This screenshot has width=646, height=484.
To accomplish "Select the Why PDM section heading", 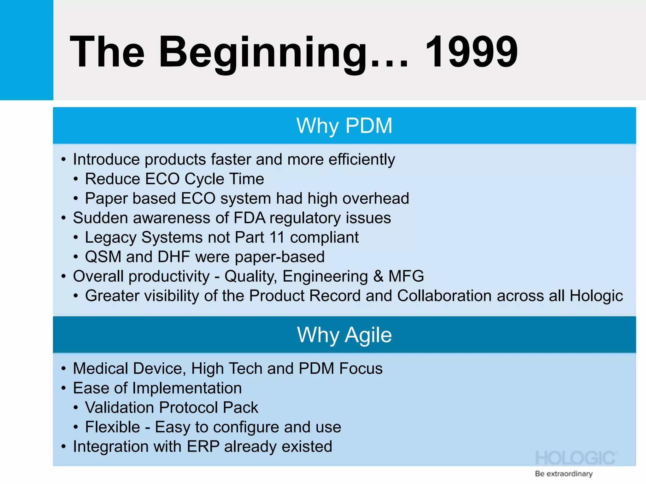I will (344, 126).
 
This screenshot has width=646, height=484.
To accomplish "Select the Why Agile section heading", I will (344, 335).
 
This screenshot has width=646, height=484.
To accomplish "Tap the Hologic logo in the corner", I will (576, 458).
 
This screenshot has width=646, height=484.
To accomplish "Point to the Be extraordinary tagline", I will (564, 474).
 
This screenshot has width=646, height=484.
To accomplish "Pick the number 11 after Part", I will (277, 237).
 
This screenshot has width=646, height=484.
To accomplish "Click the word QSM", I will (103, 257).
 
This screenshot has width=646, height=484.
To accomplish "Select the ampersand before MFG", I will (378, 276).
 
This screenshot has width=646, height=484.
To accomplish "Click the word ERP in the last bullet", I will (203, 447).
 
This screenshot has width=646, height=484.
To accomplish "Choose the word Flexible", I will (112, 427).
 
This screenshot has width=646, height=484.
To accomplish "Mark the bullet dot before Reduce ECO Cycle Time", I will (76, 179).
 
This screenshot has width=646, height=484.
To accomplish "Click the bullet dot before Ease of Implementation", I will (64, 388).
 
